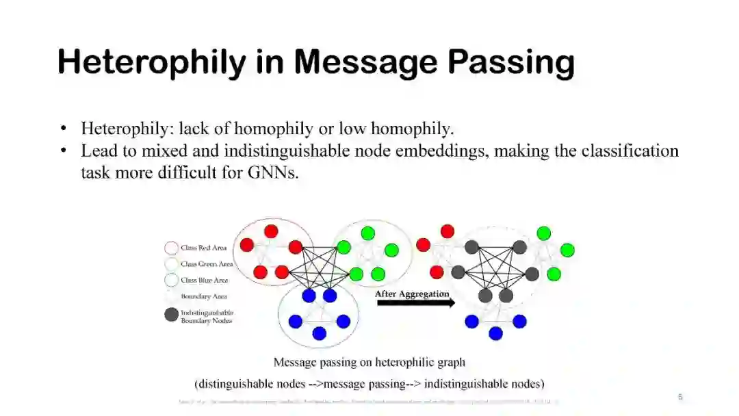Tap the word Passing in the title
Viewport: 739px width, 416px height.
coord(510,62)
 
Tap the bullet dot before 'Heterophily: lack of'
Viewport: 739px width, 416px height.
coord(64,129)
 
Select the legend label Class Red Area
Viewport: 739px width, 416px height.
coord(204,248)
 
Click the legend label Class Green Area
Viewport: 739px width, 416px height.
coord(207,264)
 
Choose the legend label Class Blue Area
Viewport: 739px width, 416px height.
coord(205,281)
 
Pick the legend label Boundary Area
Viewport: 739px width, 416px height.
coord(203,297)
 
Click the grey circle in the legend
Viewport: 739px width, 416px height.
coord(172,315)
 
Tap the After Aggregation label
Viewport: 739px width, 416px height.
coord(412,294)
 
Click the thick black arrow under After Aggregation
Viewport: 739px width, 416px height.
coord(415,303)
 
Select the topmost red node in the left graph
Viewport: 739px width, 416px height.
coord(271,231)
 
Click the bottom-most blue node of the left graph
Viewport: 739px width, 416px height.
coord(319,333)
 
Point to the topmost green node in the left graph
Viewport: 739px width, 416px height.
coord(368,233)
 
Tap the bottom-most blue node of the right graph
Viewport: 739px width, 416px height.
coord(495,333)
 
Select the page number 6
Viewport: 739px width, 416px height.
coord(680,397)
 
